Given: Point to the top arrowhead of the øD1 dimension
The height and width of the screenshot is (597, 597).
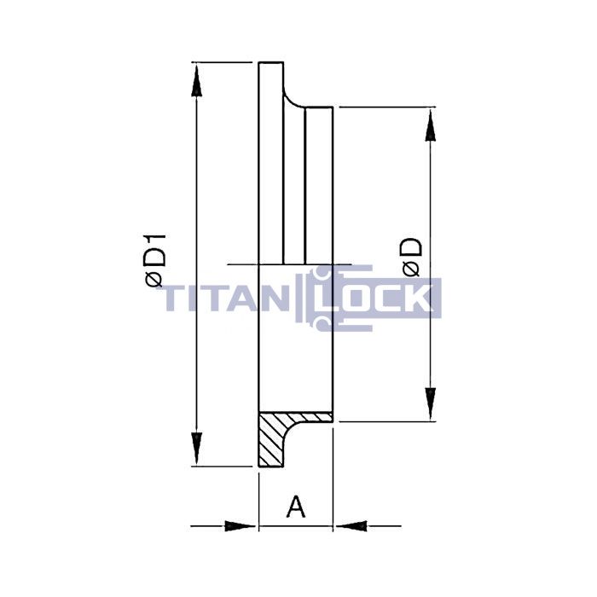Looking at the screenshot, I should pyautogui.click(x=197, y=81).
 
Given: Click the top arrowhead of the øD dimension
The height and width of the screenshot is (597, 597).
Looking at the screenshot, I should pyautogui.click(x=432, y=126).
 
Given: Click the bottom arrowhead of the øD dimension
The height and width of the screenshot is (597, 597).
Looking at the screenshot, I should pyautogui.click(x=432, y=402).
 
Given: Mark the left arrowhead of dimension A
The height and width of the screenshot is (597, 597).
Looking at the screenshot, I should pyautogui.click(x=242, y=525).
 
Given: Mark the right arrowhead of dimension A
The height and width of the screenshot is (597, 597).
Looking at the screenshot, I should pyautogui.click(x=350, y=525).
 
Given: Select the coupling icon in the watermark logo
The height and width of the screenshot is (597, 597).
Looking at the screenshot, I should pyautogui.click(x=320, y=298).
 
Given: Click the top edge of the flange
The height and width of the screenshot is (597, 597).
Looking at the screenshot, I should pyautogui.click(x=271, y=62).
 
